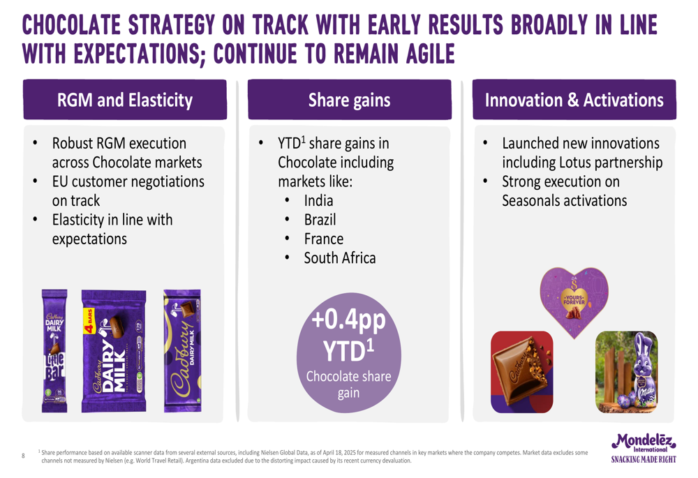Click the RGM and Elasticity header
pyautogui.click(x=125, y=100)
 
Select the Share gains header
pyautogui.click(x=350, y=100)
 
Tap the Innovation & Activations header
pyautogui.click(x=574, y=100)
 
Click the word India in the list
pyautogui.click(x=318, y=201)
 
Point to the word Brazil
pyautogui.click(x=320, y=220)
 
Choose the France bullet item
pyautogui.click(x=324, y=239)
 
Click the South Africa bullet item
pyautogui.click(x=340, y=258)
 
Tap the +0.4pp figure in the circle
pyautogui.click(x=348, y=320)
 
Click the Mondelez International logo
pyautogui.click(x=644, y=443)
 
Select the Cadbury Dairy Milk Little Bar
pyautogui.click(x=54, y=351)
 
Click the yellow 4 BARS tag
pyautogui.click(x=89, y=321)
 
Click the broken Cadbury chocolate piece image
pyautogui.click(x=521, y=372)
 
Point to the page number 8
pyautogui.click(x=23, y=456)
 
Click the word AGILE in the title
pyautogui.click(x=430, y=54)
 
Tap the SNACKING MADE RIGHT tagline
pyautogui.click(x=644, y=459)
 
